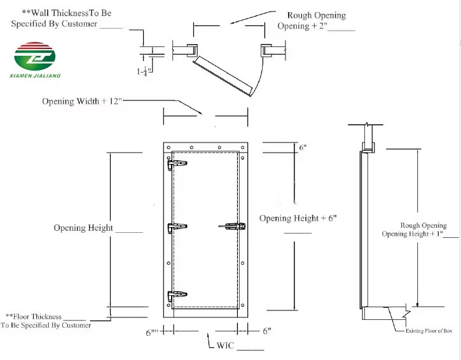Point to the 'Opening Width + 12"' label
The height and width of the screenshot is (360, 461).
pos(82,101)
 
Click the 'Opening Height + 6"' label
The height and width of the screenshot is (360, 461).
pos(298,218)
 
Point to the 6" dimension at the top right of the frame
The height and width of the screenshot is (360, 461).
pos(303,148)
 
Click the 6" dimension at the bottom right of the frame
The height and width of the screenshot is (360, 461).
pos(266,331)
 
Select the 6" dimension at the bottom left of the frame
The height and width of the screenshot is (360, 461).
pos(152,331)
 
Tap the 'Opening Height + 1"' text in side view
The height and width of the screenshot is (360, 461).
pos(411,233)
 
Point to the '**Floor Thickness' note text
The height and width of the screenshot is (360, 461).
pos(34,316)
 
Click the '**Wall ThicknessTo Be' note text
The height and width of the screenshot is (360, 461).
pos(67,13)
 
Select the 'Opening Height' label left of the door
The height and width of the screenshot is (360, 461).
pos(83,228)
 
